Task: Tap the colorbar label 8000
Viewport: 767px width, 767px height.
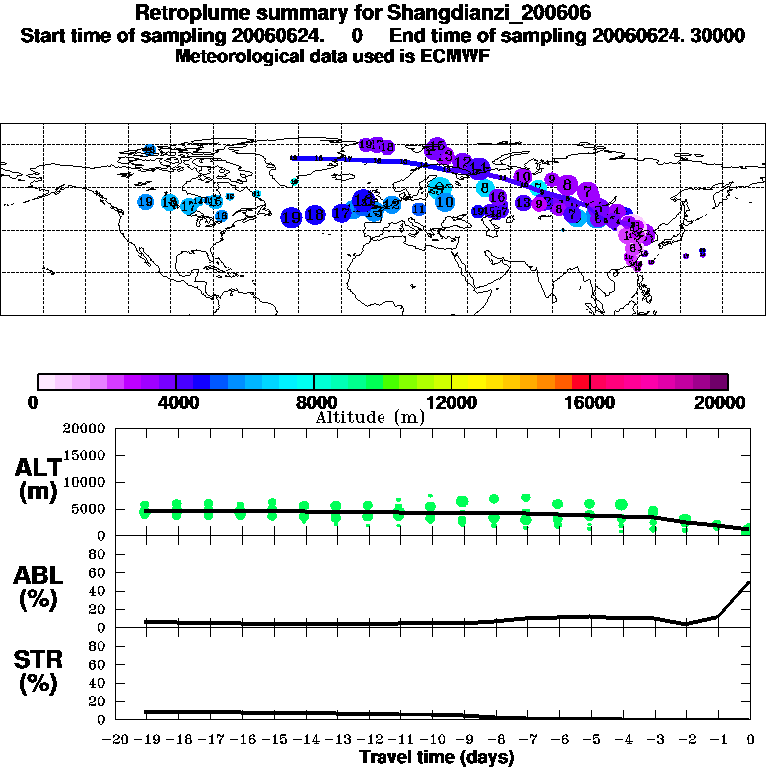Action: (315, 402)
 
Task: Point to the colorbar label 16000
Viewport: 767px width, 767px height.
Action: (591, 402)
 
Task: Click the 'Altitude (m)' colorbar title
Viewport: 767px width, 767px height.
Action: (370, 417)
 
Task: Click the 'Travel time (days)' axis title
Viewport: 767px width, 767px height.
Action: (436, 757)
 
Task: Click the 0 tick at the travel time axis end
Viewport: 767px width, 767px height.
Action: (750, 740)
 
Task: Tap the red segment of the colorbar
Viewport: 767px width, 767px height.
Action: (581, 382)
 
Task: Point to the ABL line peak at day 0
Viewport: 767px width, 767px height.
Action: (749, 583)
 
